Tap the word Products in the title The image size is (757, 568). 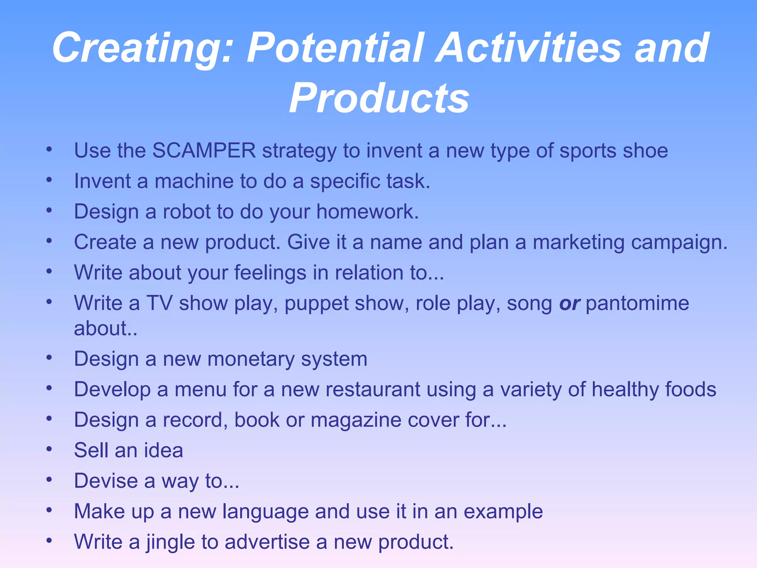pyautogui.click(x=379, y=98)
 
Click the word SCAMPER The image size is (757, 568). pyautogui.click(x=204, y=151)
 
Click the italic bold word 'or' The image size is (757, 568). pyautogui.click(x=569, y=304)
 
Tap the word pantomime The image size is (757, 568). pyautogui.click(x=637, y=304)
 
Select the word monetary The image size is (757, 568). pyautogui.click(x=251, y=359)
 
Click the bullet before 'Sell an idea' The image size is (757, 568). pyautogui.click(x=49, y=449)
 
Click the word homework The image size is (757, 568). pyautogui.click(x=367, y=212)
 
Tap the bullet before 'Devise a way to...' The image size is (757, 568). pyautogui.click(x=49, y=480)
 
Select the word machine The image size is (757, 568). pyautogui.click(x=194, y=181)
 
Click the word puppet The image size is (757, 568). pyautogui.click(x=316, y=304)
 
